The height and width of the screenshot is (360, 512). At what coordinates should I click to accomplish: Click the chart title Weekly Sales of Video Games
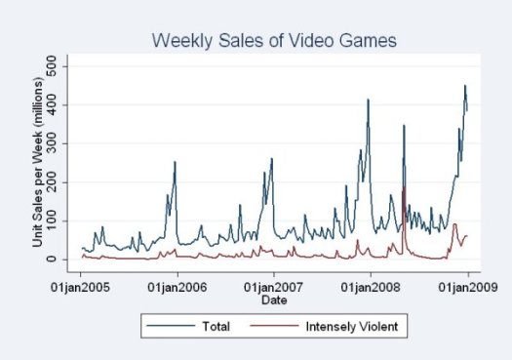(272, 40)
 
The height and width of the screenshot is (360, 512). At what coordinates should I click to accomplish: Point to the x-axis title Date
(273, 299)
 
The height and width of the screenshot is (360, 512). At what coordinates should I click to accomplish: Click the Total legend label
(216, 326)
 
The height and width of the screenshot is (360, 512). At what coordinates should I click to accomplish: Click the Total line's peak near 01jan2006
(175, 162)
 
